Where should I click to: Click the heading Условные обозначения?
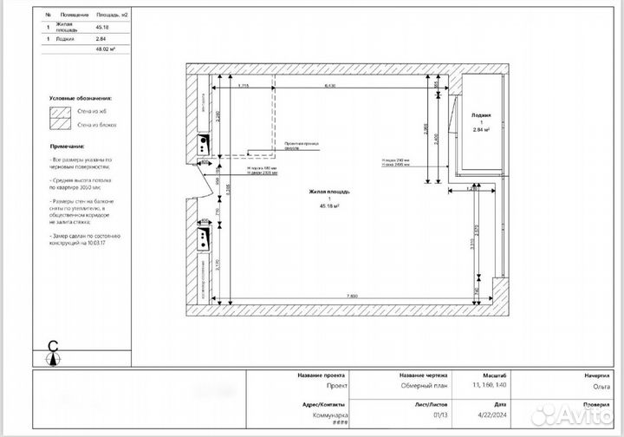[x=81, y=99]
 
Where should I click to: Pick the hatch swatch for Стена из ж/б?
[x=61, y=111]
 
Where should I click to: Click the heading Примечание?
[x=68, y=147]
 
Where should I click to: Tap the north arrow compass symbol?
[x=54, y=349]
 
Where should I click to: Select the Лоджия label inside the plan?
[x=481, y=114]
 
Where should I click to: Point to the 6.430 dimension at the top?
[x=330, y=86]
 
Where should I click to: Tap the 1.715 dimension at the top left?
[x=244, y=86]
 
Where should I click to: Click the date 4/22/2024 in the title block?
[x=494, y=414]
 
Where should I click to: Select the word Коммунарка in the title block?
[x=329, y=414]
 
